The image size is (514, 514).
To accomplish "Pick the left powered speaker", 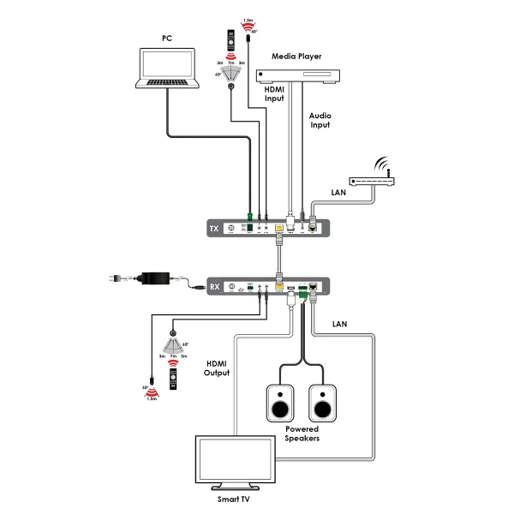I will (280, 402).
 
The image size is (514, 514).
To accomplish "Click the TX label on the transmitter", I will (215, 229).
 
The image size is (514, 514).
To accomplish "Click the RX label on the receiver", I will (215, 287).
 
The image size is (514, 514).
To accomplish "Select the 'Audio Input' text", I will (320, 119).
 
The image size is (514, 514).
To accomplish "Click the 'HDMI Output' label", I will (218, 368).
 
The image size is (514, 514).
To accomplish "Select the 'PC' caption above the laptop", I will (167, 39).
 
